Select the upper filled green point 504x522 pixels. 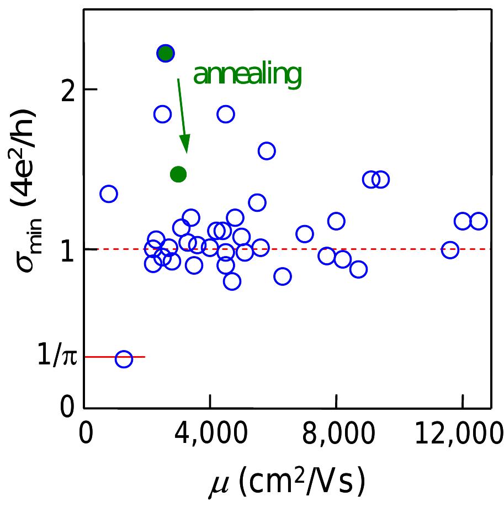coord(165,53)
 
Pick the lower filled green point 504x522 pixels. coord(178,175)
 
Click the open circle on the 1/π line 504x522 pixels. coord(124,359)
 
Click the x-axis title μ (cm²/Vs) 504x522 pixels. coord(287,479)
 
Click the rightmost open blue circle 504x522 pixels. coord(478,221)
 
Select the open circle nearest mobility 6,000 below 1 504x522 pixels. coord(283,276)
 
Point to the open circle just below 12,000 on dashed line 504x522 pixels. coord(450,250)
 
